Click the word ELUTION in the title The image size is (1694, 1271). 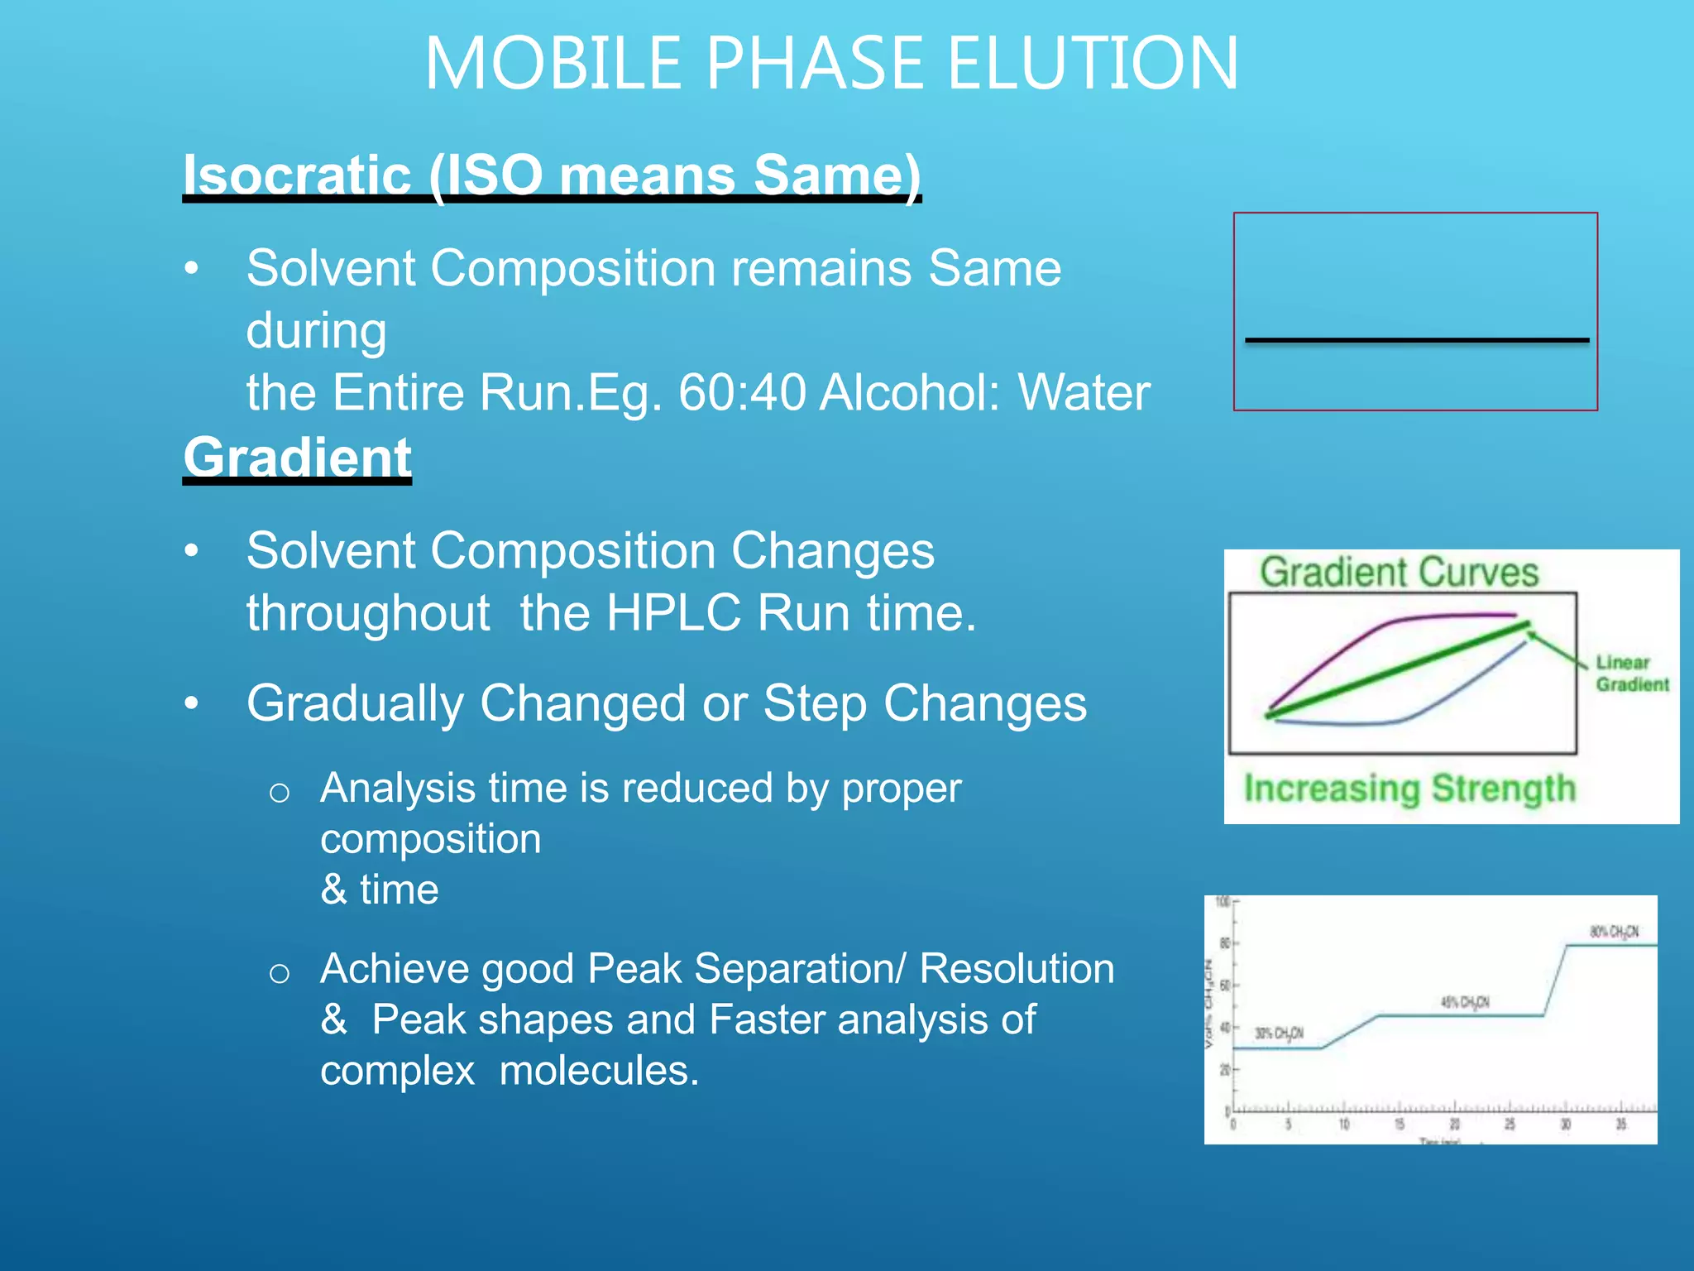point(1092,65)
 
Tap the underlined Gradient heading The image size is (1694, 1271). point(297,457)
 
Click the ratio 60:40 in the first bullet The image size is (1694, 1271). point(741,392)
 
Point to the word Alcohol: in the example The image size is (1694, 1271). point(910,392)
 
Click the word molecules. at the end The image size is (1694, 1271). point(599,1070)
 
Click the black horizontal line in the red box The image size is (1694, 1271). point(1416,340)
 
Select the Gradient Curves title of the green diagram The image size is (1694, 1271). point(1399,573)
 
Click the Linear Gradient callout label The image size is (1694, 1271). point(1631,674)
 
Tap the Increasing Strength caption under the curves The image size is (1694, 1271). point(1409,788)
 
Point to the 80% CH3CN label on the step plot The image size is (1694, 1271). point(1614,932)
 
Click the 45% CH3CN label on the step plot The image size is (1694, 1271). point(1465,1002)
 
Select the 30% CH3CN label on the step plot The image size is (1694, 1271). point(1279,1034)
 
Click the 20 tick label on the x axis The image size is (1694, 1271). point(1455,1124)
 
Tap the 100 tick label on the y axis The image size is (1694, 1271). point(1222,902)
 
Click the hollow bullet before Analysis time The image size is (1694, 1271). point(280,793)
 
